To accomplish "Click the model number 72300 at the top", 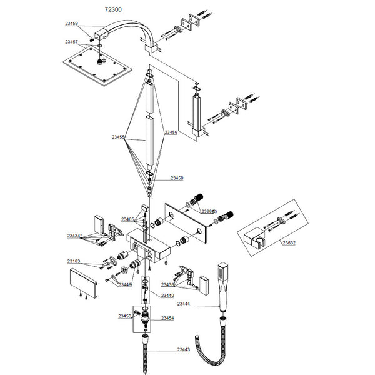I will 114,10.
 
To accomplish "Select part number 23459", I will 71,24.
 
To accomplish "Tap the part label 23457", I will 71,42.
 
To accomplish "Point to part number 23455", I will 119,136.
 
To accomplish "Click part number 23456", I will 171,132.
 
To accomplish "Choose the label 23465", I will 127,219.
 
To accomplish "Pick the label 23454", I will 167,318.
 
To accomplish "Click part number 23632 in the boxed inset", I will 289,242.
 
